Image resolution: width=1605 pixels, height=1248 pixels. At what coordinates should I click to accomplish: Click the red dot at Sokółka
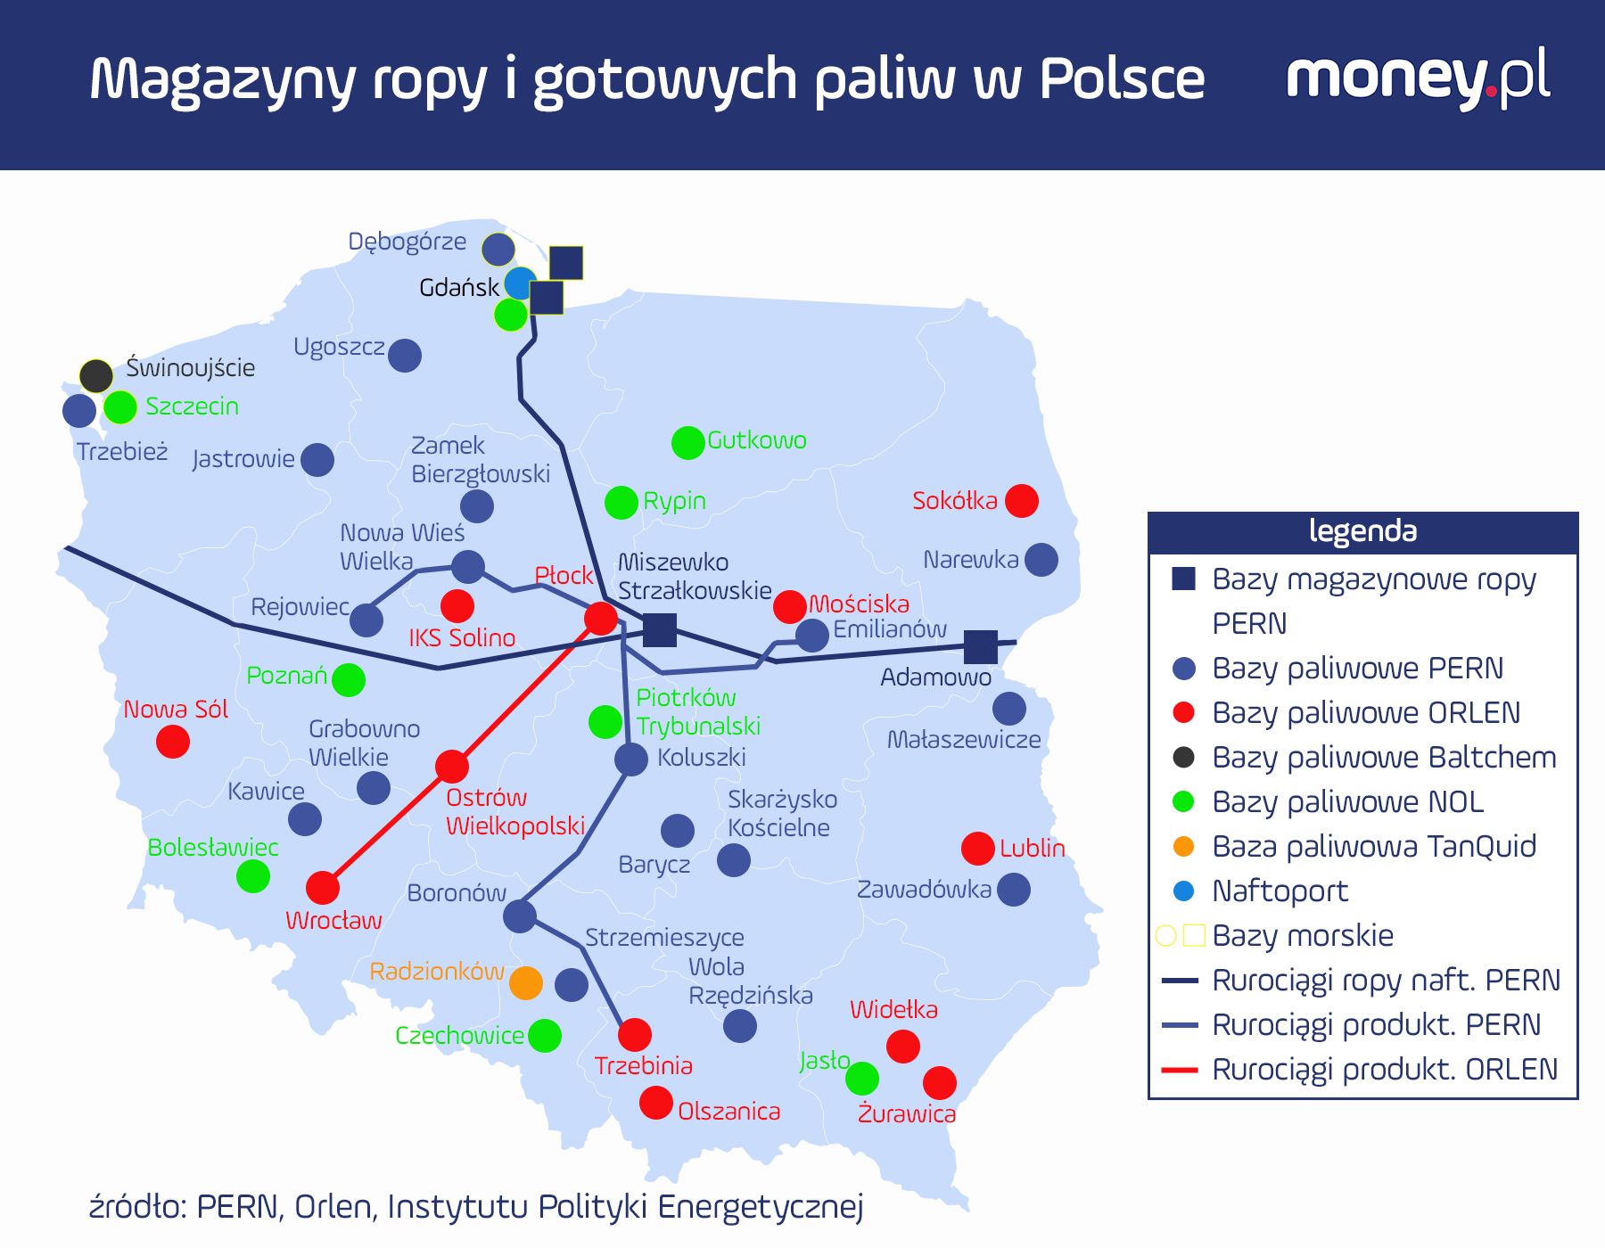pos(1021,501)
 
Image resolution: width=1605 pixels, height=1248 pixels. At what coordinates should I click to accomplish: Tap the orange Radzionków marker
pos(526,983)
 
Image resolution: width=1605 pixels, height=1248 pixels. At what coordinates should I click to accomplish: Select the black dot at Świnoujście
pos(96,376)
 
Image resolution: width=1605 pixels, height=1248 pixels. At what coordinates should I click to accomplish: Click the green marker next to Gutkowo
pos(687,442)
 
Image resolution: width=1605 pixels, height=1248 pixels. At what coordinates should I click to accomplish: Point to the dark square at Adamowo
pos(981,646)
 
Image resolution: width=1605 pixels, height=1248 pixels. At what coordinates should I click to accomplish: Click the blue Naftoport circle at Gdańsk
pos(520,283)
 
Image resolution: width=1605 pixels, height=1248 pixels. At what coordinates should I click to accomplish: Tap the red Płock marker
pos(600,618)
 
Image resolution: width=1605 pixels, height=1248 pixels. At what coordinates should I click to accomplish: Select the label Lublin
pos(1032,848)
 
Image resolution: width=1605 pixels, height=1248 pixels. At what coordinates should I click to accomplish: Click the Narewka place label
pos(970,560)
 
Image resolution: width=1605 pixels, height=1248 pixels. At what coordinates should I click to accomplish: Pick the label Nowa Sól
pos(176,710)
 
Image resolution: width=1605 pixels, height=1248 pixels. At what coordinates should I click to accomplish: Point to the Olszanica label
pos(728,1112)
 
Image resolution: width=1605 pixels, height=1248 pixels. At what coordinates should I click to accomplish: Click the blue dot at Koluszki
pos(631,759)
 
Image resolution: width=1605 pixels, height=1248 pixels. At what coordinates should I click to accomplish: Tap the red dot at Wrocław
pos(323,888)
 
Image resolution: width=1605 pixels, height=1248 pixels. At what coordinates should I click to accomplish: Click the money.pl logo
pos(1418,78)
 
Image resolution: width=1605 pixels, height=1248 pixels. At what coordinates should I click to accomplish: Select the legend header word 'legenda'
pos(1362,531)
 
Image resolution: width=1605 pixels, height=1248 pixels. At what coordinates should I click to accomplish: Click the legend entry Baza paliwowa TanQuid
pos(1373,846)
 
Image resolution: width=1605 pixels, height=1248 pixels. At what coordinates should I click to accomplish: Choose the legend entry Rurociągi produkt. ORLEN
pos(1384,1069)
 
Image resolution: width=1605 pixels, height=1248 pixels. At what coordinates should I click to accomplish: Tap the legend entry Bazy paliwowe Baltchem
pos(1383,757)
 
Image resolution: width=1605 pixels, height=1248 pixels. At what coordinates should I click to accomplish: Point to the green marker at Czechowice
pos(545,1036)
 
